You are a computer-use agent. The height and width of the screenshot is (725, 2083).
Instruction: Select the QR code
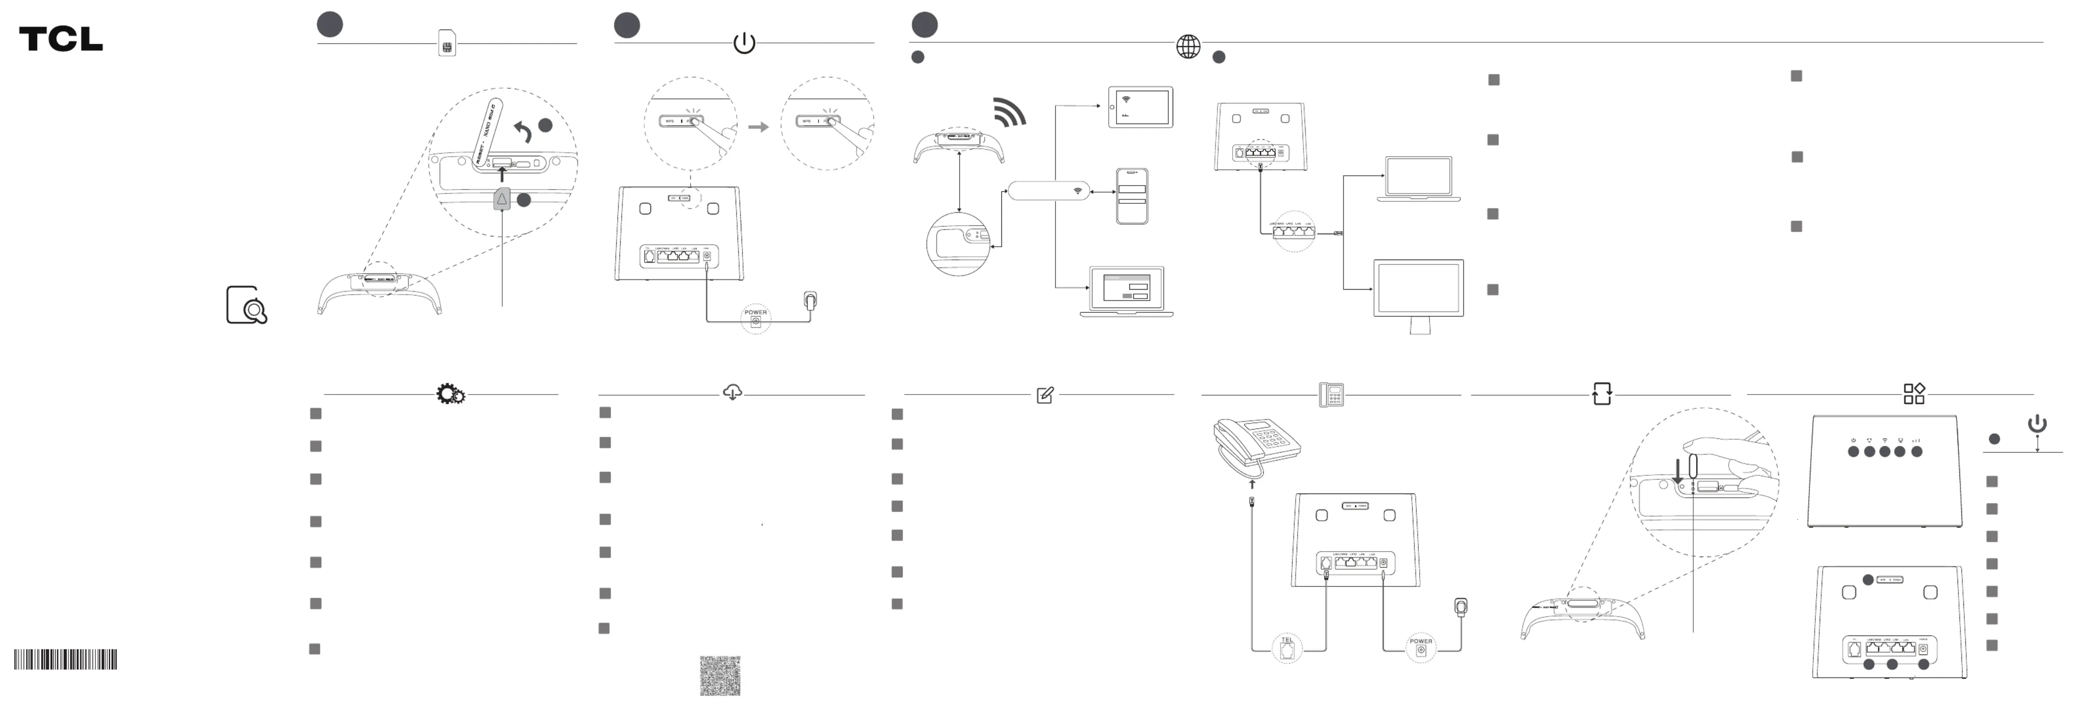(719, 676)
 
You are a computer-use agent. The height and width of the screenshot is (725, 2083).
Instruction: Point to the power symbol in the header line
(744, 43)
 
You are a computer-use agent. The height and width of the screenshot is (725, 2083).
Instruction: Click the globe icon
(1188, 46)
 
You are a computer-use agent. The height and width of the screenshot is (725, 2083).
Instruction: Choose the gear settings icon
(450, 394)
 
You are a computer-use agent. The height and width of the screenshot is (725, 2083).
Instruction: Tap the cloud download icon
(732, 393)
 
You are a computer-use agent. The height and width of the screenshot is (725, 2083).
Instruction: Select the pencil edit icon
(1045, 395)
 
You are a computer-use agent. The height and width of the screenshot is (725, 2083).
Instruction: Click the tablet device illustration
(1140, 107)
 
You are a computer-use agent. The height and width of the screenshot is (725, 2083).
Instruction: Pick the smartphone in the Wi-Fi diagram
(1132, 196)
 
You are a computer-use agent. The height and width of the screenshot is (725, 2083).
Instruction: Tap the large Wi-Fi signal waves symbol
(1010, 112)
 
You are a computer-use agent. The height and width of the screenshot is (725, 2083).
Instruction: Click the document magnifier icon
(247, 305)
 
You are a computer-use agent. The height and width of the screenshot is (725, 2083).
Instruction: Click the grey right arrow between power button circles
(758, 127)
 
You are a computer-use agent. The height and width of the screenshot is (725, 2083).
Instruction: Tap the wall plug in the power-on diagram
(810, 301)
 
